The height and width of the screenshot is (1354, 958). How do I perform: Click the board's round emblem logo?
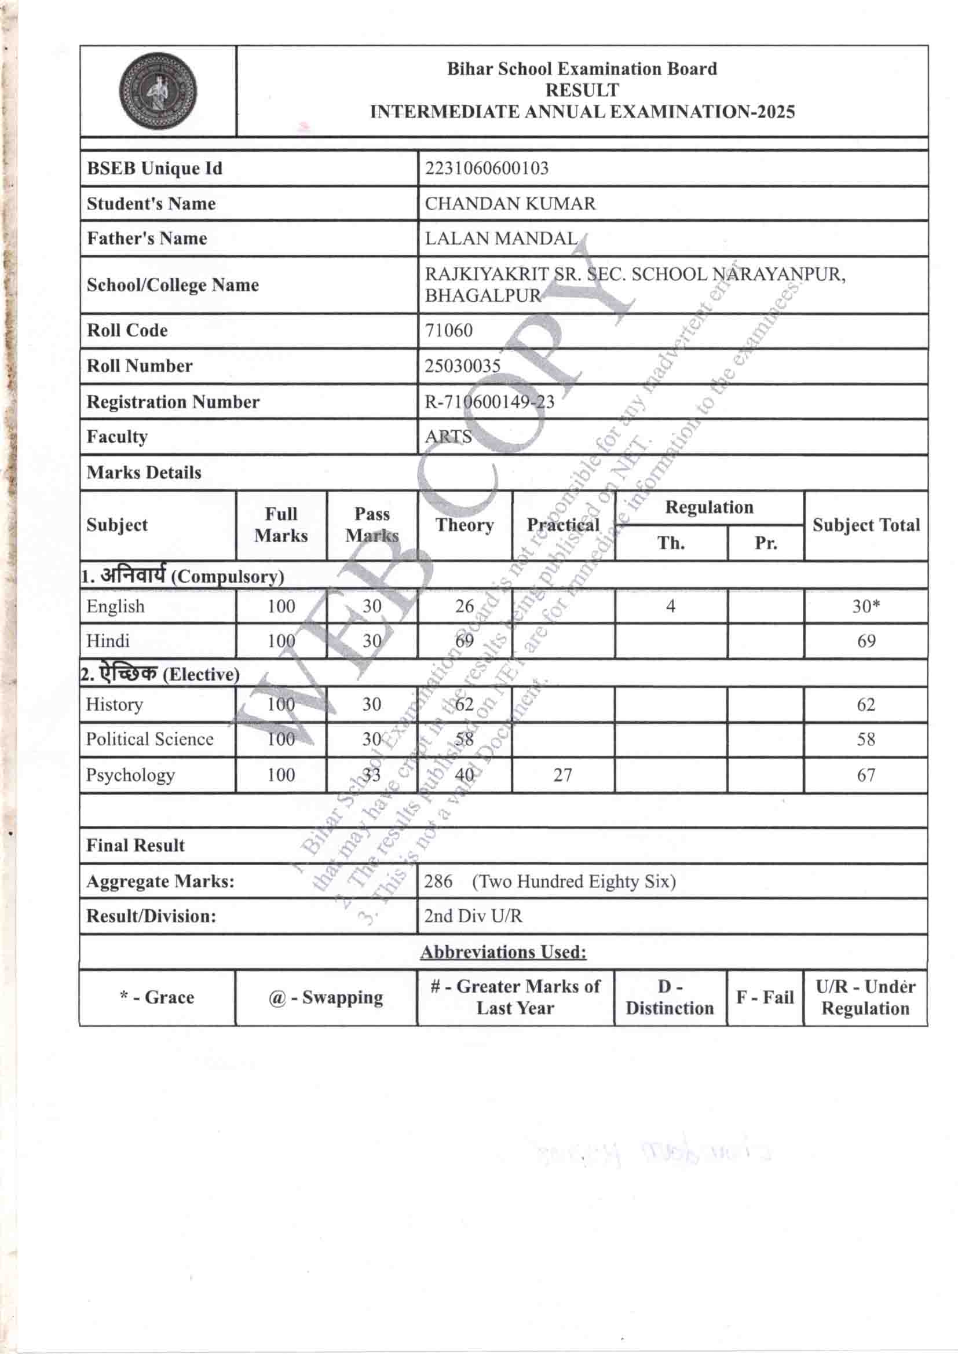pyautogui.click(x=158, y=92)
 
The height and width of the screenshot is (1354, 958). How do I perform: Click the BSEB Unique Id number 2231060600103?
pyautogui.click(x=487, y=169)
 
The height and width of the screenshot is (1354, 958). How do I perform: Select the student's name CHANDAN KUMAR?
pyautogui.click(x=510, y=204)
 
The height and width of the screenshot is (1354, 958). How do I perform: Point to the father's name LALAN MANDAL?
pyautogui.click(x=501, y=239)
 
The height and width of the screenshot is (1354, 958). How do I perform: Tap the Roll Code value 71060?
pyautogui.click(x=448, y=330)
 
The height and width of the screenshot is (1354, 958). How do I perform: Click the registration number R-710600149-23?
pyautogui.click(x=489, y=402)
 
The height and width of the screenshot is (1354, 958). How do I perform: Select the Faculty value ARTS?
pyautogui.click(x=448, y=437)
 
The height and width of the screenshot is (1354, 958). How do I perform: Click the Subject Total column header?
pyautogui.click(x=865, y=525)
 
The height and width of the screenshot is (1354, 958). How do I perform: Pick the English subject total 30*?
pyautogui.click(x=865, y=606)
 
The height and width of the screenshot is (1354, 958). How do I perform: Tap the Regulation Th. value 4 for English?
pyautogui.click(x=670, y=606)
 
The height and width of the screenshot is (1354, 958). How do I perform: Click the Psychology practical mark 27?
pyautogui.click(x=562, y=775)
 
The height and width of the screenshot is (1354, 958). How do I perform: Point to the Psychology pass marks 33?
pyautogui.click(x=371, y=775)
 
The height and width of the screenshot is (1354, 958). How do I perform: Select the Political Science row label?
pyautogui.click(x=150, y=740)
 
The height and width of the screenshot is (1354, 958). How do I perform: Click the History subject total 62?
pyautogui.click(x=865, y=705)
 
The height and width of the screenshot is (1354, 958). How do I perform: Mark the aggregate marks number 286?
pyautogui.click(x=438, y=881)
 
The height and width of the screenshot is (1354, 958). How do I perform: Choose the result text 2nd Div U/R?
pyautogui.click(x=473, y=916)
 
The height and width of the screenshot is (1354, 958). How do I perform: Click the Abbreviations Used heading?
pyautogui.click(x=503, y=953)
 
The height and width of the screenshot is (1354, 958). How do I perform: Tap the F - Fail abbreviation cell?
pyautogui.click(x=765, y=998)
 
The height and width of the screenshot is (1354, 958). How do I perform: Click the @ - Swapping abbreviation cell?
pyautogui.click(x=326, y=998)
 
